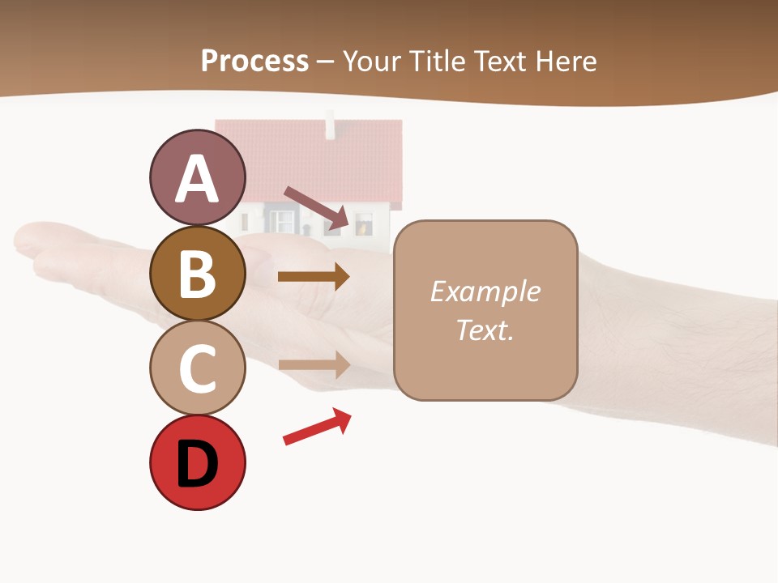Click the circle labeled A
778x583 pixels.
click(x=197, y=177)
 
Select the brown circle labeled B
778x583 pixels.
click(x=197, y=273)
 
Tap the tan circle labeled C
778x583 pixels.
click(x=197, y=368)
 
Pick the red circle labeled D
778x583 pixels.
click(x=197, y=463)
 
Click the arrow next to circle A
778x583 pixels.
click(x=317, y=208)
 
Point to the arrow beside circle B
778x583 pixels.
click(x=314, y=277)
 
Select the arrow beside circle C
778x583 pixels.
click(x=314, y=364)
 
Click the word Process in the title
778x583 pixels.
click(x=254, y=62)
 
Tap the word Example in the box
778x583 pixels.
click(x=485, y=291)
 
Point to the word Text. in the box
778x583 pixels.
click(x=485, y=330)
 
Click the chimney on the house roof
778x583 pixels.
click(x=330, y=126)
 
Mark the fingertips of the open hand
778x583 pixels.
click(x=32, y=243)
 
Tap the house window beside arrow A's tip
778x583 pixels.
click(x=364, y=223)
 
